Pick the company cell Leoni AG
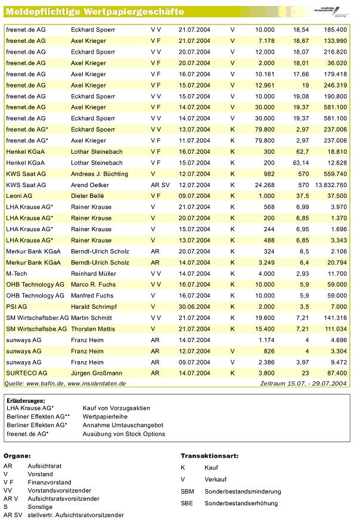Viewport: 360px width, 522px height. coord(19,195)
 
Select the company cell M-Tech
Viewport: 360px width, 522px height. coord(16,273)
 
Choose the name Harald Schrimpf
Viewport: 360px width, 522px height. coord(94,306)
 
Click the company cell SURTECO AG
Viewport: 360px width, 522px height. coord(25,372)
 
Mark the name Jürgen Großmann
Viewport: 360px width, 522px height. coord(97,372)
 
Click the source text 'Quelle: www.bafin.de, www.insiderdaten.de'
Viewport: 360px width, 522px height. coord(65,383)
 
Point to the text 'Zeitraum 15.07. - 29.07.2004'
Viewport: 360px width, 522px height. coord(304,383)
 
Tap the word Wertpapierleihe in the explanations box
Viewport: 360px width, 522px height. coord(106,417)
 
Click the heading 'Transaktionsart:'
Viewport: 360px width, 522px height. coord(209,455)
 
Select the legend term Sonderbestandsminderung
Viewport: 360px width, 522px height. coord(243,492)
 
